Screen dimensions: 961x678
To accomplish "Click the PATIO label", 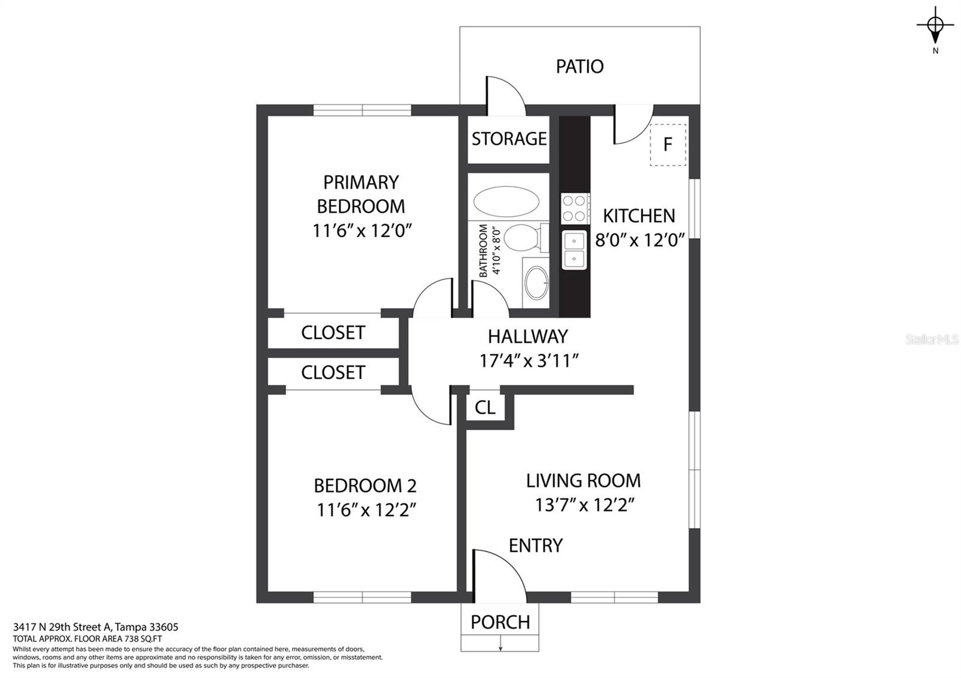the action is (580, 67).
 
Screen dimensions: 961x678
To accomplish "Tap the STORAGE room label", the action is (509, 139).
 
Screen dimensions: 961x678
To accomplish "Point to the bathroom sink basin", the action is (536, 283).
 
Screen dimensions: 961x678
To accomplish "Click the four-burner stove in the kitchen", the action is (574, 208).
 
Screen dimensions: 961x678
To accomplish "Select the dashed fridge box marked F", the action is (668, 145).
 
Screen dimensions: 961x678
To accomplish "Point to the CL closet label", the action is (485, 407).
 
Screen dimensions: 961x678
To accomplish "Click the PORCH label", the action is (500, 622).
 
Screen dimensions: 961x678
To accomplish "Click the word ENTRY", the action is (535, 545).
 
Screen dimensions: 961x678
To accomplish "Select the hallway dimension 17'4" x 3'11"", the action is (529, 361).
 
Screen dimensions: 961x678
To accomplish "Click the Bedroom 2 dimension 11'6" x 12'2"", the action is (366, 510).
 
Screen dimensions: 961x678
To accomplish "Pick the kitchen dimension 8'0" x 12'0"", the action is (639, 240).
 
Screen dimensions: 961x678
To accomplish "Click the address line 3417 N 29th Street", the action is (95, 627).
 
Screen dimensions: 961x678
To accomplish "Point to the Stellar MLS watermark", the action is (932, 340).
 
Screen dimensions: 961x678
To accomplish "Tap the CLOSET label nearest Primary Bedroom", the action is (333, 332).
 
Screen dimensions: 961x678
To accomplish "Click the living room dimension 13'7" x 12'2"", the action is (584, 505).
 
